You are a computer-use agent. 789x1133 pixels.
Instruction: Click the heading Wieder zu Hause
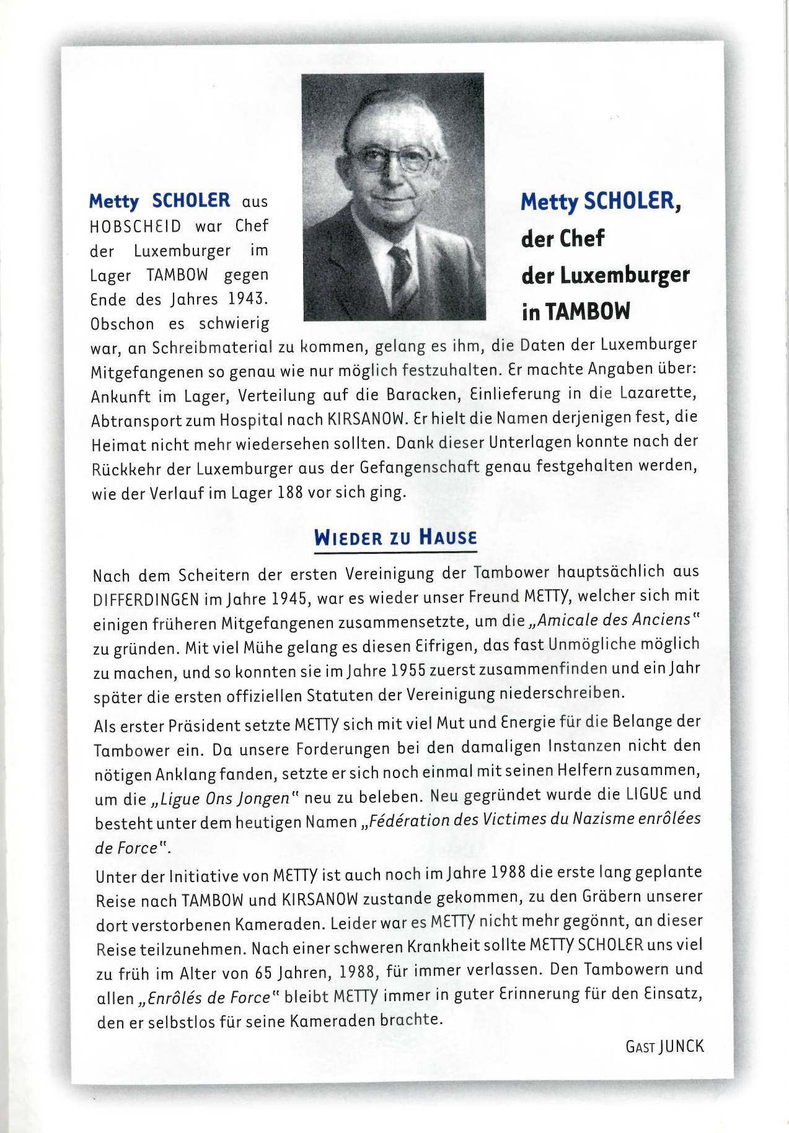click(395, 536)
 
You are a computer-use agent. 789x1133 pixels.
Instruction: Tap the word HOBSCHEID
click(135, 226)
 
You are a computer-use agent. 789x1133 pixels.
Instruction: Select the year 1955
click(412, 671)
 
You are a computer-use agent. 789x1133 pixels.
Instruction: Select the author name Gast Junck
click(664, 1046)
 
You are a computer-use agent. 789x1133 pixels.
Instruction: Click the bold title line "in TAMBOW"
click(576, 312)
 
